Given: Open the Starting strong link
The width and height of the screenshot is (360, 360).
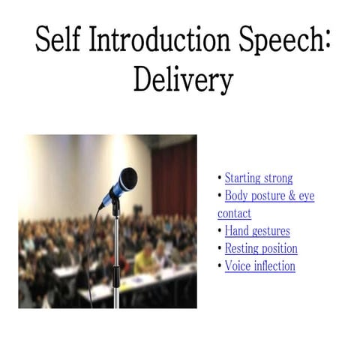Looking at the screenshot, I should pyautogui.click(x=259, y=178).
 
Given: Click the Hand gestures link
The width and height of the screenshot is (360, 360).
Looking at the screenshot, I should pyautogui.click(x=257, y=231).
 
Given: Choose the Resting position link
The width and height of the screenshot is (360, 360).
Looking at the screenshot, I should pyautogui.click(x=261, y=248).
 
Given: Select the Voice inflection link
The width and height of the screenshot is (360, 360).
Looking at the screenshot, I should pyautogui.click(x=260, y=266).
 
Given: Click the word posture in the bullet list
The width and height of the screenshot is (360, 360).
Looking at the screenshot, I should pyautogui.click(x=268, y=196).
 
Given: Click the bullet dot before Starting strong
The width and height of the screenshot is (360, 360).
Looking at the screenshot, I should pyautogui.click(x=220, y=178).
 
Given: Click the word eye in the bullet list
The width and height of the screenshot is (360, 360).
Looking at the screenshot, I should pyautogui.click(x=307, y=196).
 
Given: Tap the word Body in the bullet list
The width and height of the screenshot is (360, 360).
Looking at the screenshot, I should pyautogui.click(x=237, y=196).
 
